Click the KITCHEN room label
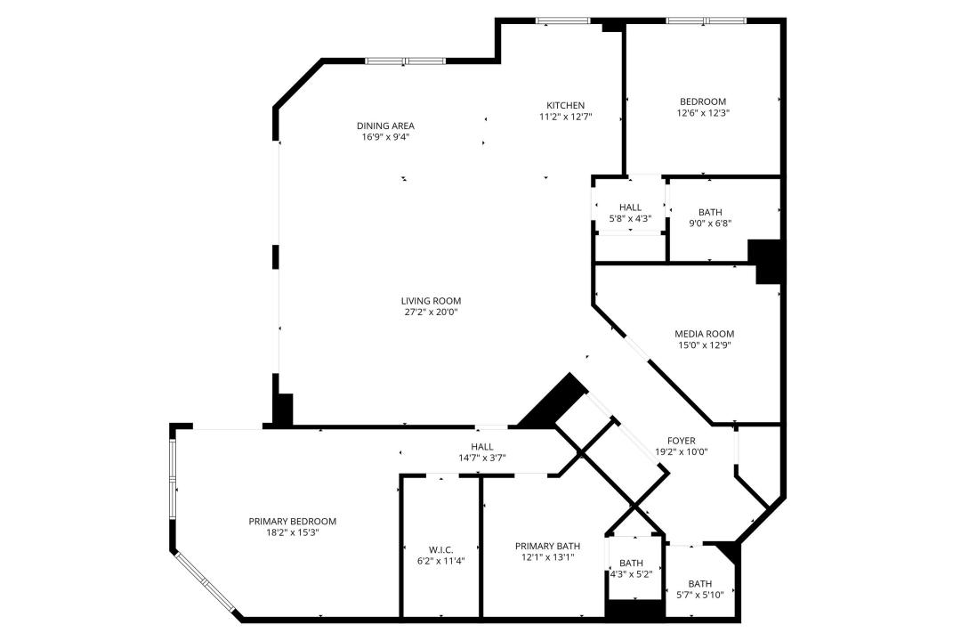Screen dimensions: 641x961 pos(565,105)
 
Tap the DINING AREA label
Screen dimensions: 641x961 pos(385,126)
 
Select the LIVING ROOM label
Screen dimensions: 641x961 pos(432,301)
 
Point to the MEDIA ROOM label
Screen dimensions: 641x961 pos(704,334)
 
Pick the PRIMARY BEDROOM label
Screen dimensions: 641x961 pos(292,521)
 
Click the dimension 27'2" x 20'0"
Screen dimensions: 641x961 pos(432,312)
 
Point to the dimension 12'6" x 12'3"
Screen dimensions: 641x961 pos(703,113)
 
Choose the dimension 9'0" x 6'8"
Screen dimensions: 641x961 pos(710,223)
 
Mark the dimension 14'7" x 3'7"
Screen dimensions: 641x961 pos(481,458)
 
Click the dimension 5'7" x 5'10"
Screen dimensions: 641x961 pos(699,596)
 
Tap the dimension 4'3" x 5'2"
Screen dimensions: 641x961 pos(631,574)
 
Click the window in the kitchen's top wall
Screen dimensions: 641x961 pos(562,20)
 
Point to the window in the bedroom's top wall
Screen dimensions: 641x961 pos(707,20)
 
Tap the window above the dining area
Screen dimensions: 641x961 pos(405,61)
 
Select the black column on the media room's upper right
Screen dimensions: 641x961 pos(767,261)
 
